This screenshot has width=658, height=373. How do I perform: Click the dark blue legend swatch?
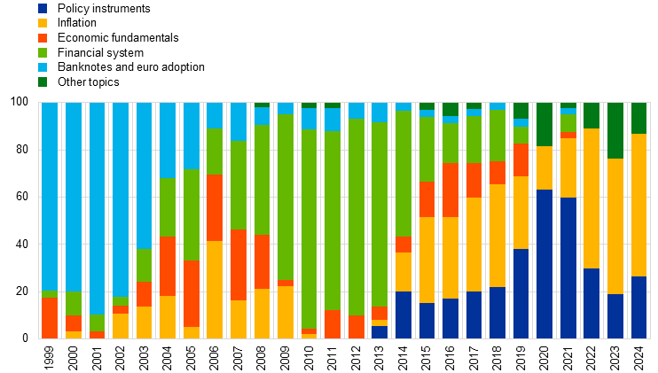(x=43, y=8)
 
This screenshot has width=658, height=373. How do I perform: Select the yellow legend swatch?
(x=43, y=23)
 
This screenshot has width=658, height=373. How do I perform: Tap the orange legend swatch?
(x=43, y=38)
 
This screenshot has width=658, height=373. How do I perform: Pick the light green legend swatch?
(x=43, y=52)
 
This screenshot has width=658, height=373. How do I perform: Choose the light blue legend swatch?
(x=43, y=67)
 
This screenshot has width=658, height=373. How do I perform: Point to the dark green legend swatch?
(x=43, y=82)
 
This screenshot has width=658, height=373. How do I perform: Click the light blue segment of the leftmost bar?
(x=50, y=196)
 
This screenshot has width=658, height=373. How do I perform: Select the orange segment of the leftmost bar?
(x=50, y=317)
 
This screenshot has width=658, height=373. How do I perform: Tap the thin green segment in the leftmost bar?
(x=50, y=293)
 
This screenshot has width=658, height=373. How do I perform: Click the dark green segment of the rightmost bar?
(x=638, y=118)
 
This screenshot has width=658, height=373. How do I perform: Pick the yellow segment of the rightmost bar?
(x=638, y=205)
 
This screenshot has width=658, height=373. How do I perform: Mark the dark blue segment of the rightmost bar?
(x=638, y=307)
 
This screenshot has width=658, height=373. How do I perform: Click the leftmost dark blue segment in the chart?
(x=380, y=331)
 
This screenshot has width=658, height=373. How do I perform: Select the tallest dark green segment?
(x=615, y=130)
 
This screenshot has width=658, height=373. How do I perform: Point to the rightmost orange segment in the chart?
(x=568, y=135)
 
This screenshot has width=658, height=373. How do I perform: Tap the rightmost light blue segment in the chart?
(x=568, y=111)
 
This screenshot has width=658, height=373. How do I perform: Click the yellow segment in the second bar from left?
(x=74, y=334)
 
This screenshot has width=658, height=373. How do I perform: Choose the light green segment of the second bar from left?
(x=74, y=303)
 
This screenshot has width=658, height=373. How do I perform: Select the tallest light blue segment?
(x=97, y=208)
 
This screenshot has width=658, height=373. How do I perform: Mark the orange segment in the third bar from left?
(x=97, y=334)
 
